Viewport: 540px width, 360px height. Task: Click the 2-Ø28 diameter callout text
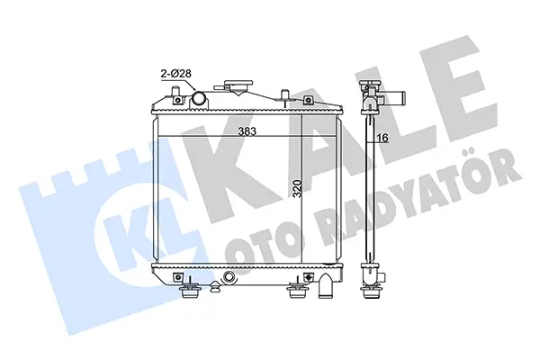176,74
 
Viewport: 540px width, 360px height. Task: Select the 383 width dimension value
247,131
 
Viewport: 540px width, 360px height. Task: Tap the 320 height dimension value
298,188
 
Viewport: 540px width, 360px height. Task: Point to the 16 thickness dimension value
382,138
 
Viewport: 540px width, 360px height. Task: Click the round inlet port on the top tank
200,98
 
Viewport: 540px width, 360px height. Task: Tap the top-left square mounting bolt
177,100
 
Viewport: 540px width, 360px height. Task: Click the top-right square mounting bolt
308,101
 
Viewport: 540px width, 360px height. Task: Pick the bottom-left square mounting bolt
177,276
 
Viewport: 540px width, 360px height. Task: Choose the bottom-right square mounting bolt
308,276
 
